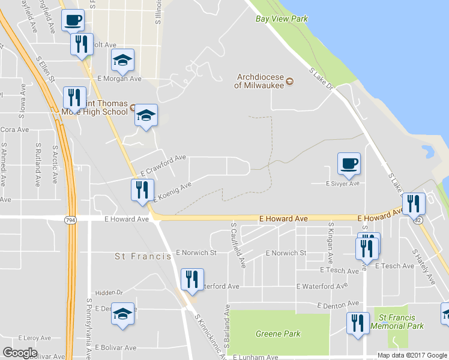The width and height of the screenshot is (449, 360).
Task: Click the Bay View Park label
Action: (x=282, y=19)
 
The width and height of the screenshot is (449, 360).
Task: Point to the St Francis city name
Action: (x=136, y=256)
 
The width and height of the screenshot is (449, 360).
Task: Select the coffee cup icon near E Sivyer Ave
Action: (x=349, y=163)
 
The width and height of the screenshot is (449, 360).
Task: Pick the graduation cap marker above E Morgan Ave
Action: (x=123, y=60)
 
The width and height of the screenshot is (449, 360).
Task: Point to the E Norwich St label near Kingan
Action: (x=286, y=253)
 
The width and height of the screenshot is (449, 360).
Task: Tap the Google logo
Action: (x=20, y=352)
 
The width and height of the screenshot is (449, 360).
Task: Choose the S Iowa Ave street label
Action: (x=23, y=100)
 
